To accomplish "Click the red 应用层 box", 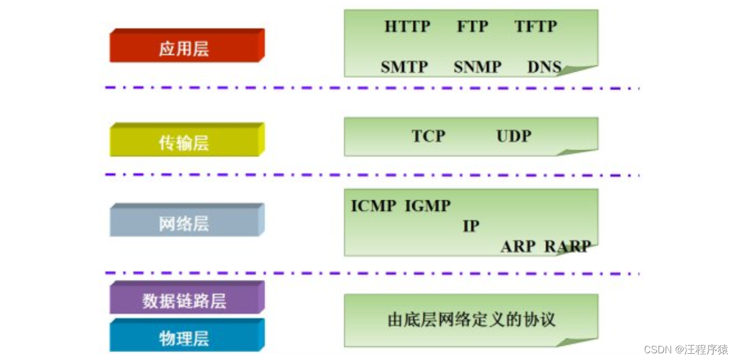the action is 187,45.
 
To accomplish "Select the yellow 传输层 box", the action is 187,139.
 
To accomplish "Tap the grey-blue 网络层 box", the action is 187,220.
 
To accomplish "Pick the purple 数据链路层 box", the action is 187,297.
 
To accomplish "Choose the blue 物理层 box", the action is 187,335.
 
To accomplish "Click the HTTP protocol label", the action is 408,26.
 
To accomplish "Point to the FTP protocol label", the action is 472,26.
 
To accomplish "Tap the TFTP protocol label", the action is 536,26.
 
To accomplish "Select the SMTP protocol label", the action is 404,67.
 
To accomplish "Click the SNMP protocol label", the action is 478,67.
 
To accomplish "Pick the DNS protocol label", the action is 545,67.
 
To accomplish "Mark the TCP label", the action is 428,136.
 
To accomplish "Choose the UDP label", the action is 514,136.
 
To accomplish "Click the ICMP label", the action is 374,206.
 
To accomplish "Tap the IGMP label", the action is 428,206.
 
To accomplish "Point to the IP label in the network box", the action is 471,226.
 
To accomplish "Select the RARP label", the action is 568,246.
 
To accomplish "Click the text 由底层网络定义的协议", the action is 472,320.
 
